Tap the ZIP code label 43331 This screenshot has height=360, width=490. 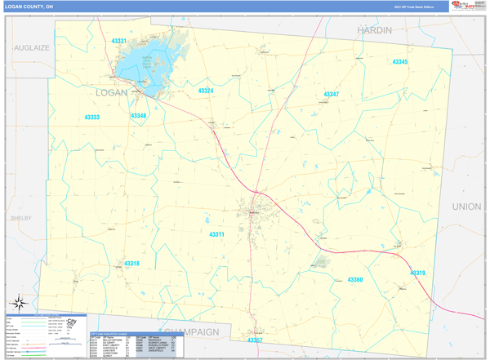point(119,41)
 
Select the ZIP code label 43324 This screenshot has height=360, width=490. point(206,91)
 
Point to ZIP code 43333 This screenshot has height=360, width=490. point(92,117)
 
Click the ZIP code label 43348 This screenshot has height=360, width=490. point(138,116)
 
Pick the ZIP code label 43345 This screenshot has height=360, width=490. point(399,62)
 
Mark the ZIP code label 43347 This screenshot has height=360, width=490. point(331,95)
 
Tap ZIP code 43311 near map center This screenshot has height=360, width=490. point(216,234)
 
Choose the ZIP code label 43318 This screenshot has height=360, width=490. point(131,264)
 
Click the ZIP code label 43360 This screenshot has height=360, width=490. point(355,280)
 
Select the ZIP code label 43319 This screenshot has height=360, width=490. point(417,273)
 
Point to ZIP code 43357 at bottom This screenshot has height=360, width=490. point(255,340)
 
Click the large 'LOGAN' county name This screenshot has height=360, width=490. point(112,92)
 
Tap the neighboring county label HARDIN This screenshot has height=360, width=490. point(374,30)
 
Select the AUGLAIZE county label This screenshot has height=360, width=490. point(32,48)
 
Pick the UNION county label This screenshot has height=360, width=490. point(466,207)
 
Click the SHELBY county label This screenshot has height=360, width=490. point(20,219)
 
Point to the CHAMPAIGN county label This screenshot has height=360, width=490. point(192,331)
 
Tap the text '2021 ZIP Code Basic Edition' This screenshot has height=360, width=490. point(413,7)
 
